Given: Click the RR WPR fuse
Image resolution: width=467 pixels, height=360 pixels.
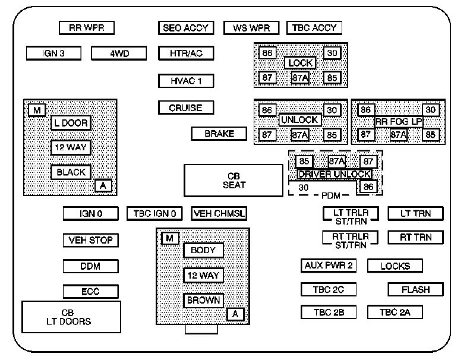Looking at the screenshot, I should coord(86,28).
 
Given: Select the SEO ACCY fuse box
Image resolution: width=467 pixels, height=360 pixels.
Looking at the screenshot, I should coord(186,28).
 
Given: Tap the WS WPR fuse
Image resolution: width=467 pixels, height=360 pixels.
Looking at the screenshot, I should coord(251,28).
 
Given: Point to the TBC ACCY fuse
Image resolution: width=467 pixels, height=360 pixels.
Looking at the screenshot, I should coord(314,28).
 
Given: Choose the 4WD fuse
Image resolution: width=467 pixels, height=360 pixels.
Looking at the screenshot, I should coord(119,53).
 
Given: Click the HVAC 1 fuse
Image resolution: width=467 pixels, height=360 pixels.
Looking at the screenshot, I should coord(186,81).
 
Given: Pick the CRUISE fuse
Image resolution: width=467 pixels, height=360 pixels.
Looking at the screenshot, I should coord(186,108).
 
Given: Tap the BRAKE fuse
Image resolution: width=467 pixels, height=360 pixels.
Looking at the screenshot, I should coord(219,134).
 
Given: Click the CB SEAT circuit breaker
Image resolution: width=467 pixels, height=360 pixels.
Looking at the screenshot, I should coord(233,180).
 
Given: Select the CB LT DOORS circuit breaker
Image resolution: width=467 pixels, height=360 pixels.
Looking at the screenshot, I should coord(71,317).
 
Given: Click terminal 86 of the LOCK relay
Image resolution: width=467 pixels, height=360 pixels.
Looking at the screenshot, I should coord(267,53).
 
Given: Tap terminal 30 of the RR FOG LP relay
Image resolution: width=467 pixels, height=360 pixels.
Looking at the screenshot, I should coord(431,110).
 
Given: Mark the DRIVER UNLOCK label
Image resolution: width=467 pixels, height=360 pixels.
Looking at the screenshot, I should coord(335,174).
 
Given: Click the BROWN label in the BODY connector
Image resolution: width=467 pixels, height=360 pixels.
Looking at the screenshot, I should coord(204,301).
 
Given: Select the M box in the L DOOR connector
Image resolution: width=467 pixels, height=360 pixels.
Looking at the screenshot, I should coord(37,110).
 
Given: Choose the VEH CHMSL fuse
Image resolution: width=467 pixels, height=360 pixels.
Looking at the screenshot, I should coord(219,214).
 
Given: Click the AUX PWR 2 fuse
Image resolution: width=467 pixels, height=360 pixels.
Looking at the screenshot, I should coord(328,266).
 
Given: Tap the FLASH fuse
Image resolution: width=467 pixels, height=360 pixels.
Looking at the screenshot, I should coord(416,290).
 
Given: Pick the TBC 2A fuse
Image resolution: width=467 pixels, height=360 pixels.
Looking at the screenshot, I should coord(395,312).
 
